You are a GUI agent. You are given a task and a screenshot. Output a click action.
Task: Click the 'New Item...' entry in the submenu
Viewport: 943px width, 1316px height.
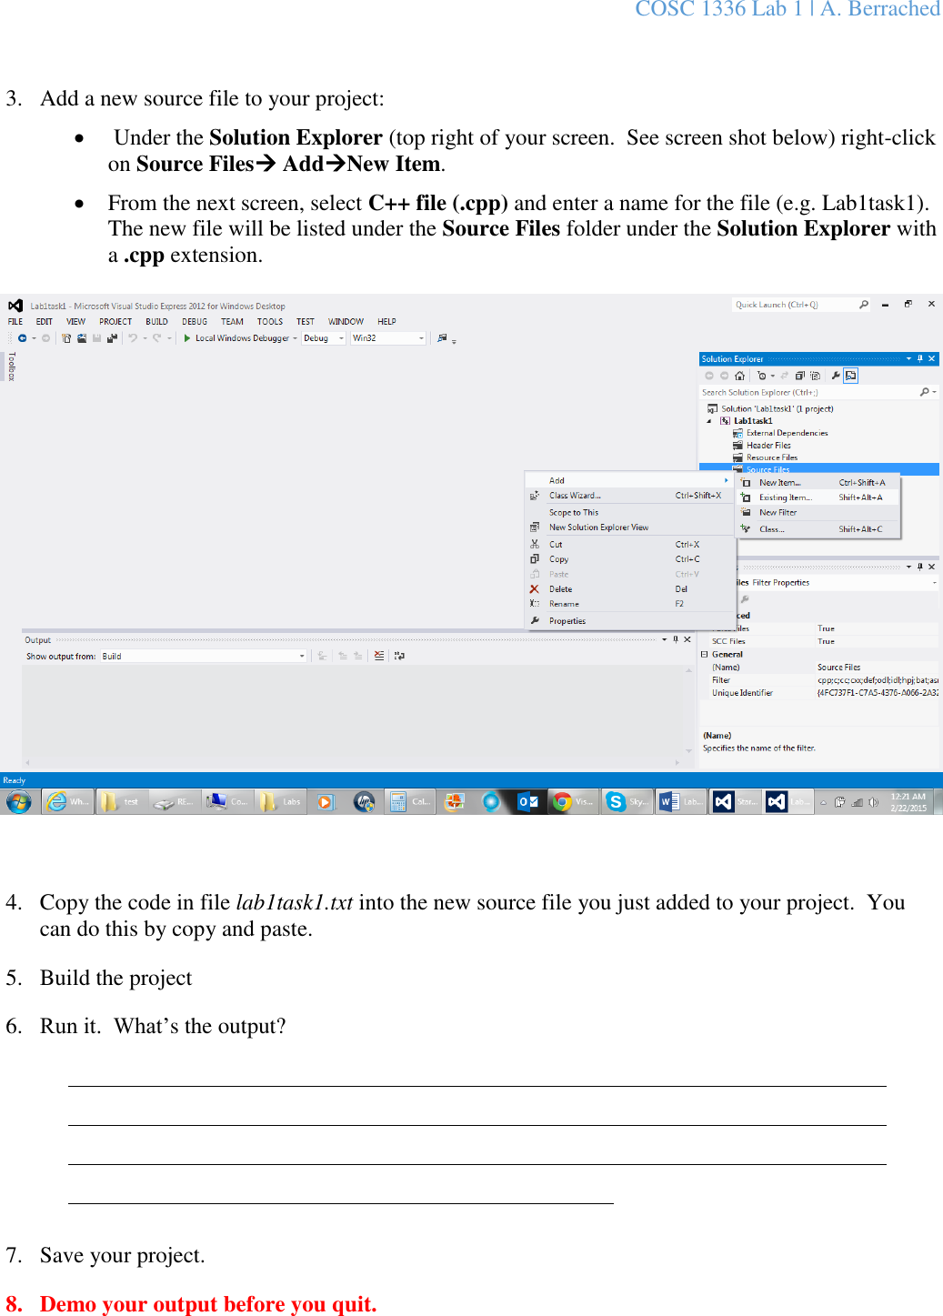point(779,483)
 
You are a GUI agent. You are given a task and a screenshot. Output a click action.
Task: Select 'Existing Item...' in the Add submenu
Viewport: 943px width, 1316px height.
point(785,497)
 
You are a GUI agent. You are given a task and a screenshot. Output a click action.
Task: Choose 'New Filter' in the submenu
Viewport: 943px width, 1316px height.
point(777,513)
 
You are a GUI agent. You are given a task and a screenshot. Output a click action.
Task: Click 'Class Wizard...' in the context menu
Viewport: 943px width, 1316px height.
point(575,496)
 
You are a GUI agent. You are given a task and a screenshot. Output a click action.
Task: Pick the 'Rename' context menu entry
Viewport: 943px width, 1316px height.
point(564,604)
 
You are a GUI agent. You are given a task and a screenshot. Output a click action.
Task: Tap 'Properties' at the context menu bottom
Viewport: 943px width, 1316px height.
point(567,621)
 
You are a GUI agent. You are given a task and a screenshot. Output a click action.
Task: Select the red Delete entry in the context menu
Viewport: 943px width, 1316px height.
point(560,589)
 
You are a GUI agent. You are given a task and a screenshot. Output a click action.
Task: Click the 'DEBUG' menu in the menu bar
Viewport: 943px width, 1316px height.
point(195,322)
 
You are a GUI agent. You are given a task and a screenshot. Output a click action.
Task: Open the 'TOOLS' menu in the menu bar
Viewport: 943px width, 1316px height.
point(269,322)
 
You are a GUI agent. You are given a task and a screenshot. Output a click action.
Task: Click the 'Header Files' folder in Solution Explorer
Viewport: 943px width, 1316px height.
point(768,446)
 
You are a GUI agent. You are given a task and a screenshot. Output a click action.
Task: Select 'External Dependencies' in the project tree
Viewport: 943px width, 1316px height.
point(787,433)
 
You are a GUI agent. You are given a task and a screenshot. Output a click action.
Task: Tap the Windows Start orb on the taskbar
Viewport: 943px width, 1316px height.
point(18,801)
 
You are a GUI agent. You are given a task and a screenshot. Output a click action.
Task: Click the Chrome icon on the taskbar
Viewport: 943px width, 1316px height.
point(562,801)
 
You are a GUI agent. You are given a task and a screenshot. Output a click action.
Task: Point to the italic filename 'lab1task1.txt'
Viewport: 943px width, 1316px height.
point(294,902)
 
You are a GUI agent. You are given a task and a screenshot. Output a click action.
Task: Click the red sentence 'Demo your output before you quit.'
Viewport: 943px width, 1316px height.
point(208,1304)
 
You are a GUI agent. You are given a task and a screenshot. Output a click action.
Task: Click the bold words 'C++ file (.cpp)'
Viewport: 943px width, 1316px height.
point(437,203)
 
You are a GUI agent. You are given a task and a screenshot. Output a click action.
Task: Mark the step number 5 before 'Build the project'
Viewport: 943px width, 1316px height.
point(13,978)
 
